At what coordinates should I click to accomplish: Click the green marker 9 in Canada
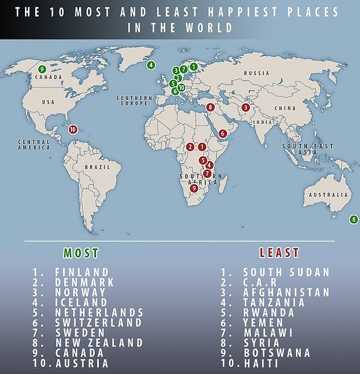point(41,69)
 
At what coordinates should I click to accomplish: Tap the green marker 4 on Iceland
point(151,65)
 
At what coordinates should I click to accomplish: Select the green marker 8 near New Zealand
point(354,219)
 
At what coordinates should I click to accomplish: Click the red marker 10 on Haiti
point(73,129)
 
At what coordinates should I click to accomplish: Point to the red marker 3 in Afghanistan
point(246,107)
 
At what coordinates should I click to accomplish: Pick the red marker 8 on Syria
point(210,107)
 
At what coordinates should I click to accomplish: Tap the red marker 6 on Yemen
point(223,133)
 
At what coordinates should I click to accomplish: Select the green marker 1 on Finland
point(194,67)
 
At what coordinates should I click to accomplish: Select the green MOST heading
point(81,253)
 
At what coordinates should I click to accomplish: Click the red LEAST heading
point(279,253)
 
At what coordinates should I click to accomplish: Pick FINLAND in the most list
point(82,272)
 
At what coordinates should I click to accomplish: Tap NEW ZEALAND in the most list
point(99,343)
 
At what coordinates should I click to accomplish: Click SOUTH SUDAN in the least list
point(287,272)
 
